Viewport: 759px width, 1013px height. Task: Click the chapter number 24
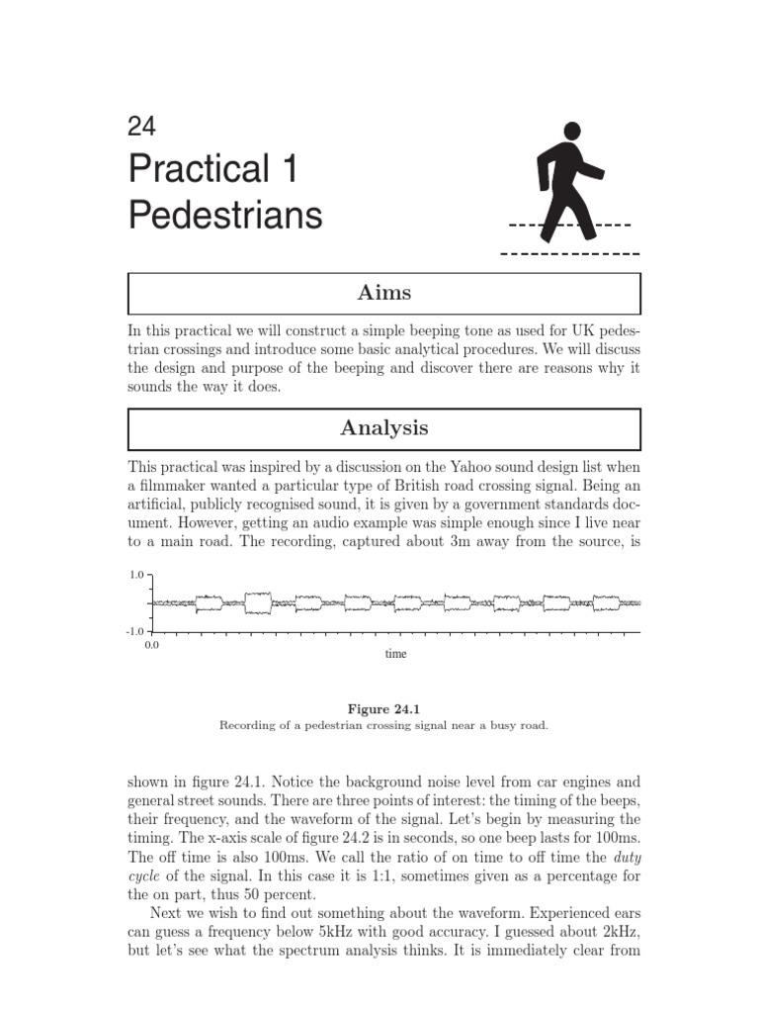[x=142, y=126]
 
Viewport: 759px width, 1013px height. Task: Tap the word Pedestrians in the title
[x=225, y=215]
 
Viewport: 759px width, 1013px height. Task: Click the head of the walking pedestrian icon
[x=571, y=132]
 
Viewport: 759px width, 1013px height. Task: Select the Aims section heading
[x=384, y=293]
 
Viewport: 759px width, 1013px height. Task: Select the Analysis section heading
[x=384, y=427]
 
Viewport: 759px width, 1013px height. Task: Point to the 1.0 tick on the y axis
[x=138, y=575]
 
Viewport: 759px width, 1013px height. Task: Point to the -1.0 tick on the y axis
[x=136, y=631]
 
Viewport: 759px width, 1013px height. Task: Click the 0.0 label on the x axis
[x=151, y=645]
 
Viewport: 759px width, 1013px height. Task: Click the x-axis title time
[x=395, y=654]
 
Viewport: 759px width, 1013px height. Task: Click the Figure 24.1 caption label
[x=384, y=708]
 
